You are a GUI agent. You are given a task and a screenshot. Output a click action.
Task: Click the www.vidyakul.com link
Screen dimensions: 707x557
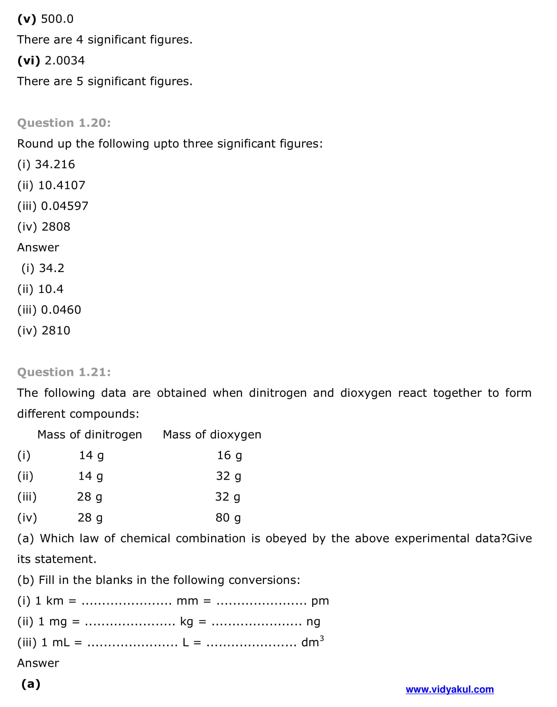[449, 689]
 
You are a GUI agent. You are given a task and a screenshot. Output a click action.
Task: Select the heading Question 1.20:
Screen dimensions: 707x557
[64, 123]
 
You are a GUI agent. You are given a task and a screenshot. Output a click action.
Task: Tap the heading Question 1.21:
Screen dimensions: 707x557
[64, 372]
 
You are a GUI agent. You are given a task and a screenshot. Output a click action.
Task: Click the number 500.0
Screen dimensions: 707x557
[57, 19]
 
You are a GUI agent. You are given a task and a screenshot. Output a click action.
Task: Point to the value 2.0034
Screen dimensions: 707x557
[64, 60]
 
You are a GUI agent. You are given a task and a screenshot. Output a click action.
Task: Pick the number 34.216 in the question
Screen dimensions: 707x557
[55, 164]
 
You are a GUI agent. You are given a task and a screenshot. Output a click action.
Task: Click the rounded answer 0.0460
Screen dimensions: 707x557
[61, 310]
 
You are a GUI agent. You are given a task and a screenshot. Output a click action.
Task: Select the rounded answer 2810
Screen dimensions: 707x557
[56, 330]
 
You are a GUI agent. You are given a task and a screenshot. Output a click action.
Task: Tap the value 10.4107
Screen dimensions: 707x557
[62, 185]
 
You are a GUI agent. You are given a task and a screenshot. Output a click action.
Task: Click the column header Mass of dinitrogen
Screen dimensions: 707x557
[90, 435]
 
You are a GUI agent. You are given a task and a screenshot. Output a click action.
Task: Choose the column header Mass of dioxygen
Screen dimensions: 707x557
[212, 435]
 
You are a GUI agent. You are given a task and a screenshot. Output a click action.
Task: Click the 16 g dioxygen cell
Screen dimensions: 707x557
[229, 455]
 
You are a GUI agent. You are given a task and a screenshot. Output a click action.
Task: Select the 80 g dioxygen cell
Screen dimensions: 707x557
[228, 518]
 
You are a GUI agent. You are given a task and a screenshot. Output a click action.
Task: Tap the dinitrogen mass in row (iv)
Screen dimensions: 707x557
[90, 518]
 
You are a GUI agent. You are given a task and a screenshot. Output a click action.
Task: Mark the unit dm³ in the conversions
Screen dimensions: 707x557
[312, 642]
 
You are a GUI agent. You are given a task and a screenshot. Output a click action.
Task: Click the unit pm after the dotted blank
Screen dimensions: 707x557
[320, 601]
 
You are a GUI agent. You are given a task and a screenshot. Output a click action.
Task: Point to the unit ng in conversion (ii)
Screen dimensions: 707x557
[313, 622]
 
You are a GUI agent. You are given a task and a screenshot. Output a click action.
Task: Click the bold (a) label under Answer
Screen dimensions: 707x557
[31, 684]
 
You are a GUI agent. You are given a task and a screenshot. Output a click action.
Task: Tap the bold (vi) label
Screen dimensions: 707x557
[29, 60]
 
